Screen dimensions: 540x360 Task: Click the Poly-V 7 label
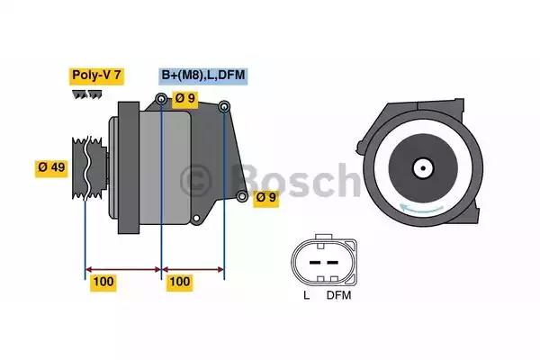click(x=96, y=76)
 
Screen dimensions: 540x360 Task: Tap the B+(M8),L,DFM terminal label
click(x=203, y=76)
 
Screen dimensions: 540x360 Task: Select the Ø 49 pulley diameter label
click(x=51, y=167)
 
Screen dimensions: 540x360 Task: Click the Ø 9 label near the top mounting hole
click(x=184, y=98)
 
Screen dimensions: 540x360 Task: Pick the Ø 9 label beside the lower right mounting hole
click(x=266, y=198)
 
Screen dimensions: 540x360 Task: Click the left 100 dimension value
click(x=103, y=282)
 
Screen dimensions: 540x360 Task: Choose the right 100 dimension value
click(x=180, y=282)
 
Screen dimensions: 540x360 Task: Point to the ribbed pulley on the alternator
click(x=87, y=167)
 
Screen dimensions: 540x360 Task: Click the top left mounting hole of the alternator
click(x=161, y=100)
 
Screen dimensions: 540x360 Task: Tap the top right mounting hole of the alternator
click(x=224, y=106)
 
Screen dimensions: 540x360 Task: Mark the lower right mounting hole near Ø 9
click(x=242, y=196)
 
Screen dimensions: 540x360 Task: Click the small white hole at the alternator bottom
click(x=196, y=218)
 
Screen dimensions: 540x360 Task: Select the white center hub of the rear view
click(x=423, y=168)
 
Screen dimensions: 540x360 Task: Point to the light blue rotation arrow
click(x=421, y=208)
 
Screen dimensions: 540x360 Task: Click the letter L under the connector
click(x=307, y=295)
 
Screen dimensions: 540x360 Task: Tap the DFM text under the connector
click(x=339, y=295)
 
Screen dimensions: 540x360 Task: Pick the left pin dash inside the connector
click(x=315, y=263)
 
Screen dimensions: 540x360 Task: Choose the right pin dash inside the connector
click(x=332, y=263)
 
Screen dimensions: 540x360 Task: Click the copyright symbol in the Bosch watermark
click(x=195, y=181)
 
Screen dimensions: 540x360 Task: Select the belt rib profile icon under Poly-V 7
click(x=87, y=94)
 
